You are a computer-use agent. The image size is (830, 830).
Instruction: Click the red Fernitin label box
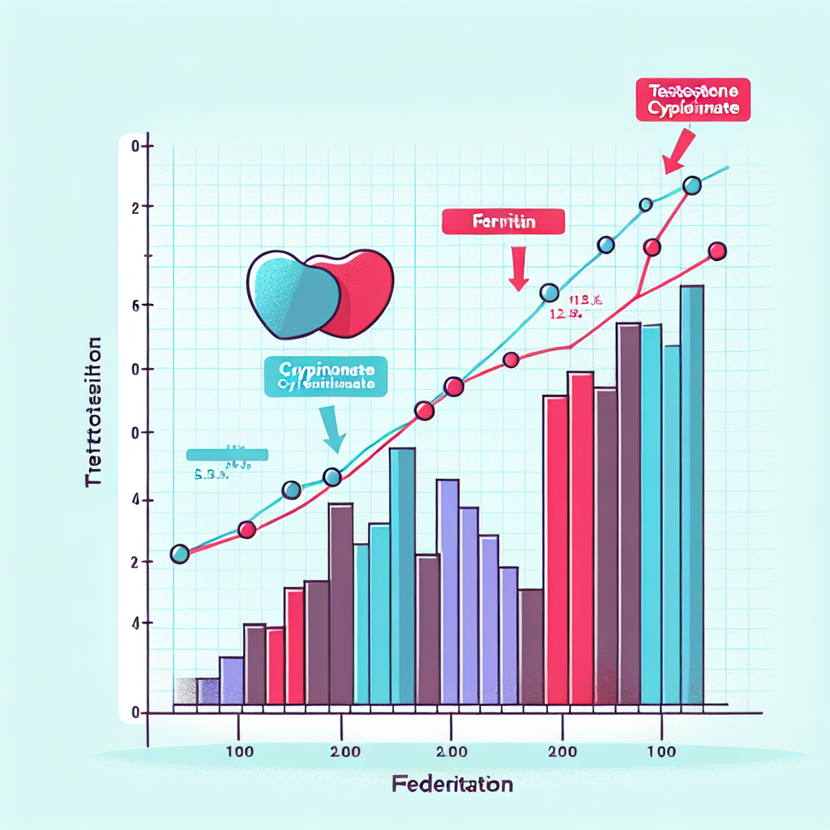point(503,221)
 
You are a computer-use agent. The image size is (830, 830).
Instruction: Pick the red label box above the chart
point(692,100)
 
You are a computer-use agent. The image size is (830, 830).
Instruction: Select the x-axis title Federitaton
point(452,785)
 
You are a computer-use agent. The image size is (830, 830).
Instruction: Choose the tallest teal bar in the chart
point(691,494)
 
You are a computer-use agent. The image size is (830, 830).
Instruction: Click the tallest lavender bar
point(448,592)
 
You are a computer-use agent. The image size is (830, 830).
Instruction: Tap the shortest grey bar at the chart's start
point(186,691)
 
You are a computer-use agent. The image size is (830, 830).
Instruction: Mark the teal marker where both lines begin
point(180,554)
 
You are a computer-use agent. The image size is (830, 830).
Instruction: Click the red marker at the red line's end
point(717,251)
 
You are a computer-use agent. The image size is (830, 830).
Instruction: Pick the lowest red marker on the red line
point(247,530)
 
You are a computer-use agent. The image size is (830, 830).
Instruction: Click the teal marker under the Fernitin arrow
point(549,293)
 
